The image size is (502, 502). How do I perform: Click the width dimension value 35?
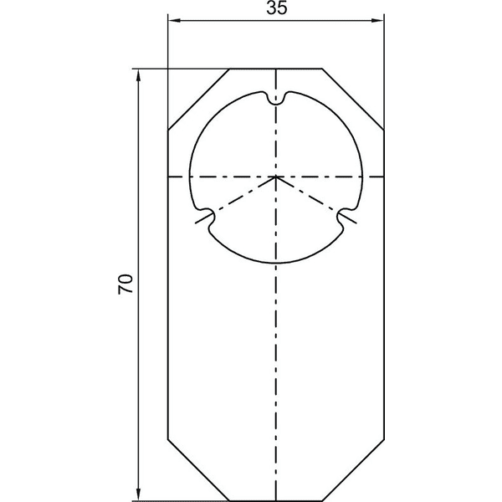(x=277, y=8)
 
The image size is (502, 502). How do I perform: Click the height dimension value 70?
(x=125, y=284)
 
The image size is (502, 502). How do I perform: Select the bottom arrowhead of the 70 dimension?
(x=138, y=494)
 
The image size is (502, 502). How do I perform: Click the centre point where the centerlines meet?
(x=276, y=177)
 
